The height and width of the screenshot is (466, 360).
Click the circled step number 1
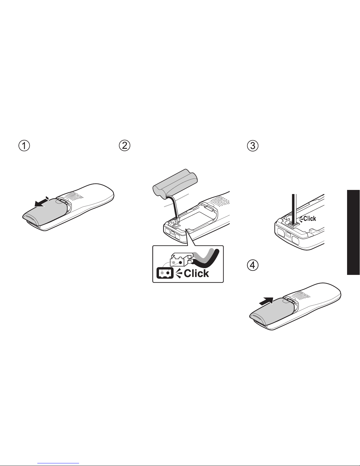pyautogui.click(x=24, y=146)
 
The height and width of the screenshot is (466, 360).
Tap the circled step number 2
pyautogui.click(x=125, y=146)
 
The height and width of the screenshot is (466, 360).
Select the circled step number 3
pyautogui.click(x=253, y=146)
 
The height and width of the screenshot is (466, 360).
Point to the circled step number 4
pyautogui.click(x=253, y=265)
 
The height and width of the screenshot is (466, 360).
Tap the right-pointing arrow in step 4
pyautogui.click(x=266, y=301)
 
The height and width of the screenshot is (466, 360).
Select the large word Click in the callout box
pyautogui.click(x=196, y=273)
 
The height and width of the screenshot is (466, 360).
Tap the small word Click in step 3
pyautogui.click(x=310, y=218)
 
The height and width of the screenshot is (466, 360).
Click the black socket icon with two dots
pyautogui.click(x=165, y=273)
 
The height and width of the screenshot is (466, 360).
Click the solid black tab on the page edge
pyautogui.click(x=353, y=232)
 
